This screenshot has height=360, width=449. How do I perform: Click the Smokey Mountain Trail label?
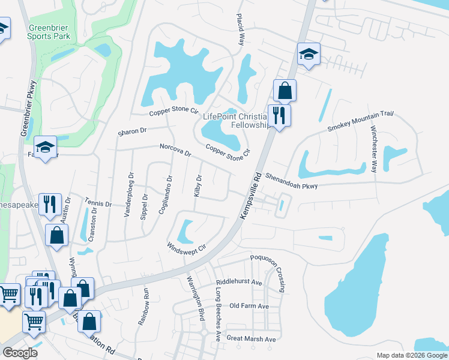360,122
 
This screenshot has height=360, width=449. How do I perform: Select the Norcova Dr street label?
175,150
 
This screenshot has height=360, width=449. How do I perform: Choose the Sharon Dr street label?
132,131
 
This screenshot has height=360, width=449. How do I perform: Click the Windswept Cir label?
186,247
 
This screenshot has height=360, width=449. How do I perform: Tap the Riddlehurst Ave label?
239,282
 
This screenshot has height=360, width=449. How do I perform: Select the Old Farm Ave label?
249,306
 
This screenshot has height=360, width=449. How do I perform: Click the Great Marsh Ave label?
251,339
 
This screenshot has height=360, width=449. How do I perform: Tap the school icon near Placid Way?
309,55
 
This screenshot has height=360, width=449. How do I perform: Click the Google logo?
20,353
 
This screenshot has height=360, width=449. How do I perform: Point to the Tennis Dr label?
99,203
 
